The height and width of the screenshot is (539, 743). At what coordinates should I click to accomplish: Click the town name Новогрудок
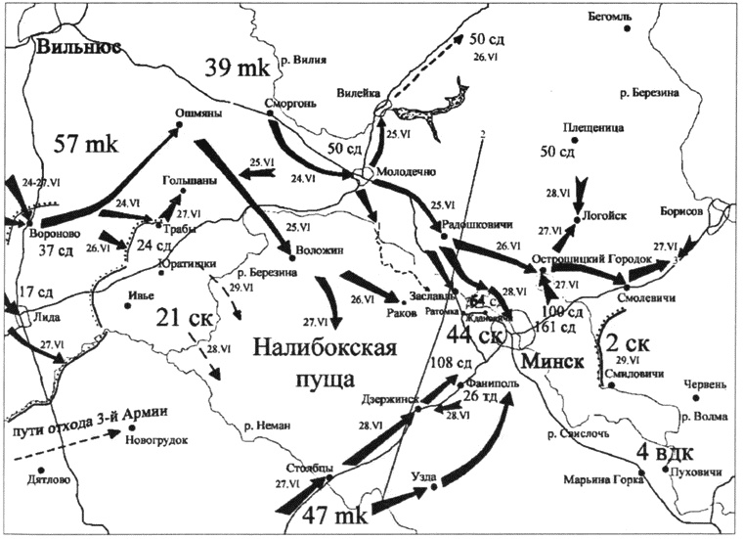[156, 440]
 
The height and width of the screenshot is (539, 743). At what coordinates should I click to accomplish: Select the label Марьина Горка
[601, 479]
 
